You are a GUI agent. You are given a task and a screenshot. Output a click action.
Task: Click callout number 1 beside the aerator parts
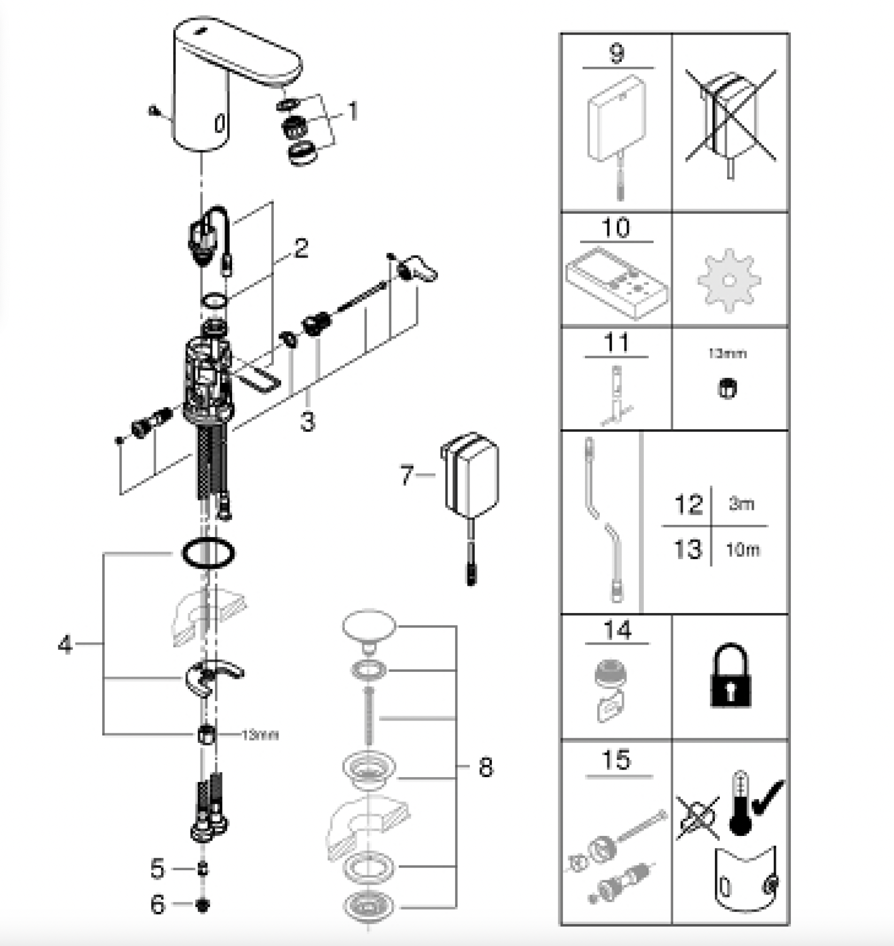pyautogui.click(x=353, y=111)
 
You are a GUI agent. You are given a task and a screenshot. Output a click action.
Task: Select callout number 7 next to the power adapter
pyautogui.click(x=407, y=475)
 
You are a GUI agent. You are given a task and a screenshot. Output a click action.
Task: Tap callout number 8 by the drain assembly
pyautogui.click(x=485, y=767)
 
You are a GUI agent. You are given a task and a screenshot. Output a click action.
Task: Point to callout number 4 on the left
pyautogui.click(x=65, y=644)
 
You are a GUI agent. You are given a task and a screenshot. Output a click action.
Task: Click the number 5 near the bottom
pyautogui.click(x=157, y=869)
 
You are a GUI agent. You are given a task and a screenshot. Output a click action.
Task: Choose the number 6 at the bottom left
pyautogui.click(x=157, y=904)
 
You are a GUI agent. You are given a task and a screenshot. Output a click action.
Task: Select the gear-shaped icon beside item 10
pyautogui.click(x=729, y=280)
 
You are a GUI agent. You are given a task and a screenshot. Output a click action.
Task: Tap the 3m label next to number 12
pyautogui.click(x=741, y=503)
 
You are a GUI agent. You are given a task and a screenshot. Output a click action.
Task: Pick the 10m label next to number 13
pyautogui.click(x=742, y=549)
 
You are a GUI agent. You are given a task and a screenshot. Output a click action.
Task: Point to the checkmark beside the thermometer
pyautogui.click(x=768, y=796)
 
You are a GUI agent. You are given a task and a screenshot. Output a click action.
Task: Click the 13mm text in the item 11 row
pyautogui.click(x=727, y=353)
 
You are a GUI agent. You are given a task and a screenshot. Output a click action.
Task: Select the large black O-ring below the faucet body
pyautogui.click(x=209, y=553)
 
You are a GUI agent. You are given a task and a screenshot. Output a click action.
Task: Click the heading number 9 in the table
pyautogui.click(x=616, y=53)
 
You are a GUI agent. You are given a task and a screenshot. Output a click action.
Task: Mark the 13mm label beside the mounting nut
pyautogui.click(x=260, y=735)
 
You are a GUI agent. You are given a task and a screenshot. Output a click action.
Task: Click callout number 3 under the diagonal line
pyautogui.click(x=307, y=421)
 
